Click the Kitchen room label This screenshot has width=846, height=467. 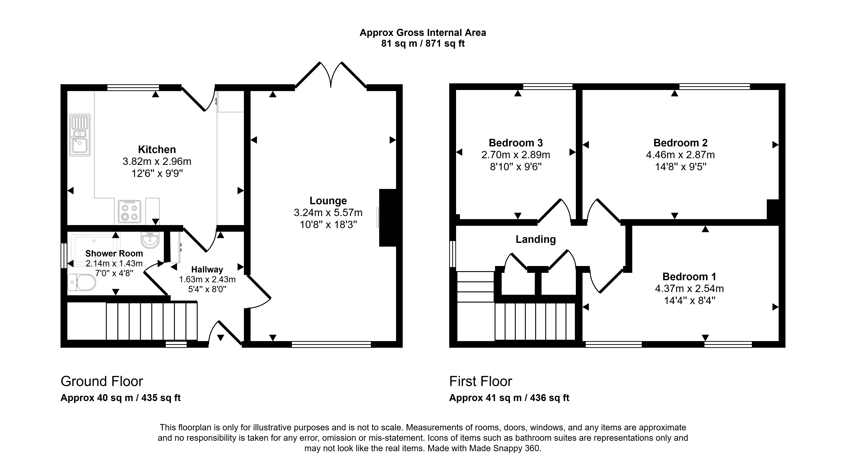pyautogui.click(x=157, y=150)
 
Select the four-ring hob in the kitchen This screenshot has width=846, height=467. pyautogui.click(x=129, y=211)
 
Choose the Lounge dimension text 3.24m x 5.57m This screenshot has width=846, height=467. pyautogui.click(x=328, y=213)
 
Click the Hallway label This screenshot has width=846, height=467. pyautogui.click(x=207, y=270)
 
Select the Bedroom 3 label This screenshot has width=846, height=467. pyautogui.click(x=516, y=143)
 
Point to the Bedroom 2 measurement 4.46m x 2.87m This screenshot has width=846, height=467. pyautogui.click(x=680, y=155)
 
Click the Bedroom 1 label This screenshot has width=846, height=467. pyautogui.click(x=689, y=277)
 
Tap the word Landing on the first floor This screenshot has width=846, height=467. pyautogui.click(x=536, y=239)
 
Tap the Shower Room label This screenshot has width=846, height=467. pyautogui.click(x=114, y=254)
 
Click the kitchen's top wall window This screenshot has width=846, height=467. pyautogui.click(x=133, y=87)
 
